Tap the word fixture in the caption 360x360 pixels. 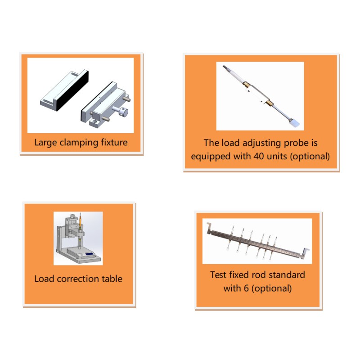coord(114,142)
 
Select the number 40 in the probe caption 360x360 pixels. coord(259,156)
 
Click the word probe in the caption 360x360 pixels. coord(296,143)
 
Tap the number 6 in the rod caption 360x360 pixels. coord(246,288)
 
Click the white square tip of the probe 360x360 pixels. coord(295,122)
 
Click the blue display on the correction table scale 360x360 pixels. coord(90,254)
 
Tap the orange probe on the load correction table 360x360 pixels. coord(80,221)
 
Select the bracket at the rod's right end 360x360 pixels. coord(305,253)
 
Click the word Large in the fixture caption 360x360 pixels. coord(45,143)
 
